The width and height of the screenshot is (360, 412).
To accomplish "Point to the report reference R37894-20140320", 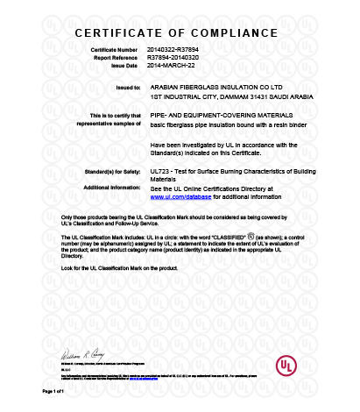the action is pyautogui.click(x=172, y=58).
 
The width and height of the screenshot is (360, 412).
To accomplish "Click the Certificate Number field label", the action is pyautogui.click(x=114, y=50).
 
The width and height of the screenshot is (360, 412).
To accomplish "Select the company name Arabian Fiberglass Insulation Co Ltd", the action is pyautogui.click(x=208, y=89).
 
